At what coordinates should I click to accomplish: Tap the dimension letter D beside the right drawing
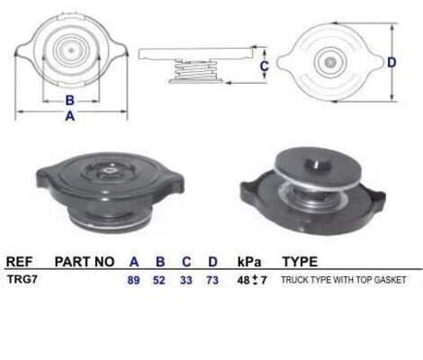tap(391, 62)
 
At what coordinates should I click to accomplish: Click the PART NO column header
tap(85, 262)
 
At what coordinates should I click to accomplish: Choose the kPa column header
tap(249, 262)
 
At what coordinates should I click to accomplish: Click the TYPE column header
tap(300, 262)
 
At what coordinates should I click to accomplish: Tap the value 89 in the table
tap(134, 281)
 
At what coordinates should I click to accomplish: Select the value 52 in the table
tap(160, 281)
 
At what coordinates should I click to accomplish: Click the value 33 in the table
tap(186, 281)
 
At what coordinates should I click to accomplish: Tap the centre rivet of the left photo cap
tap(107, 167)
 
